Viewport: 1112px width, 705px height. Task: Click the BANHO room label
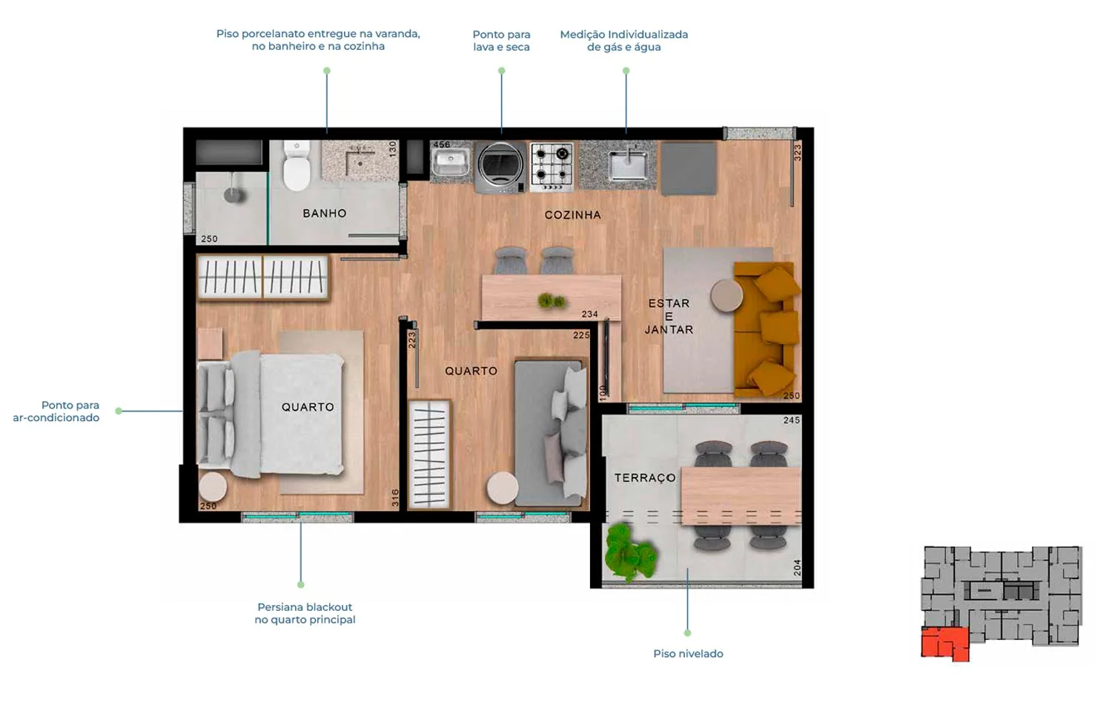pos(325,213)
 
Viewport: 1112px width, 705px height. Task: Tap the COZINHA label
pos(573,215)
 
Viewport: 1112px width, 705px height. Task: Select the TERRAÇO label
pos(645,477)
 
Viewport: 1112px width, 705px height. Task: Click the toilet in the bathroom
pos(297,165)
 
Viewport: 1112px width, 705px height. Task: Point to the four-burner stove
pos(552,167)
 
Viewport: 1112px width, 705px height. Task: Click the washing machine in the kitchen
pos(500,168)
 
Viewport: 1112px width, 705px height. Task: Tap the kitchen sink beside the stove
pos(629,165)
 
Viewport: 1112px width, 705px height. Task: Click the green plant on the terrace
pos(629,552)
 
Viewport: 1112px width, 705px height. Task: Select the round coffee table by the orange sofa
pos(727,295)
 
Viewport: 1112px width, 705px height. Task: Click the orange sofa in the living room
pos(766,329)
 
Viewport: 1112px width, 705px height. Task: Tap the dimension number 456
pos(441,145)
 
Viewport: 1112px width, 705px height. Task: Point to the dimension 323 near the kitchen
pos(797,153)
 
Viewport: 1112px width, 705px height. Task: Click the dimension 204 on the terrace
pos(797,567)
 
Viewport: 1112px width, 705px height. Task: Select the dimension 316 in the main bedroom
pos(394,497)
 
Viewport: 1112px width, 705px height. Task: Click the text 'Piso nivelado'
pos(688,653)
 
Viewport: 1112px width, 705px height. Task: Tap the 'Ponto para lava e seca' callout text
pos(501,41)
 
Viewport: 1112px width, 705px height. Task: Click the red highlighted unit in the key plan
pos(944,643)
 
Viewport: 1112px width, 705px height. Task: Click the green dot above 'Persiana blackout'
pos(301,585)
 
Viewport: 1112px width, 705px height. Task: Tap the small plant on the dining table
pos(551,300)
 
